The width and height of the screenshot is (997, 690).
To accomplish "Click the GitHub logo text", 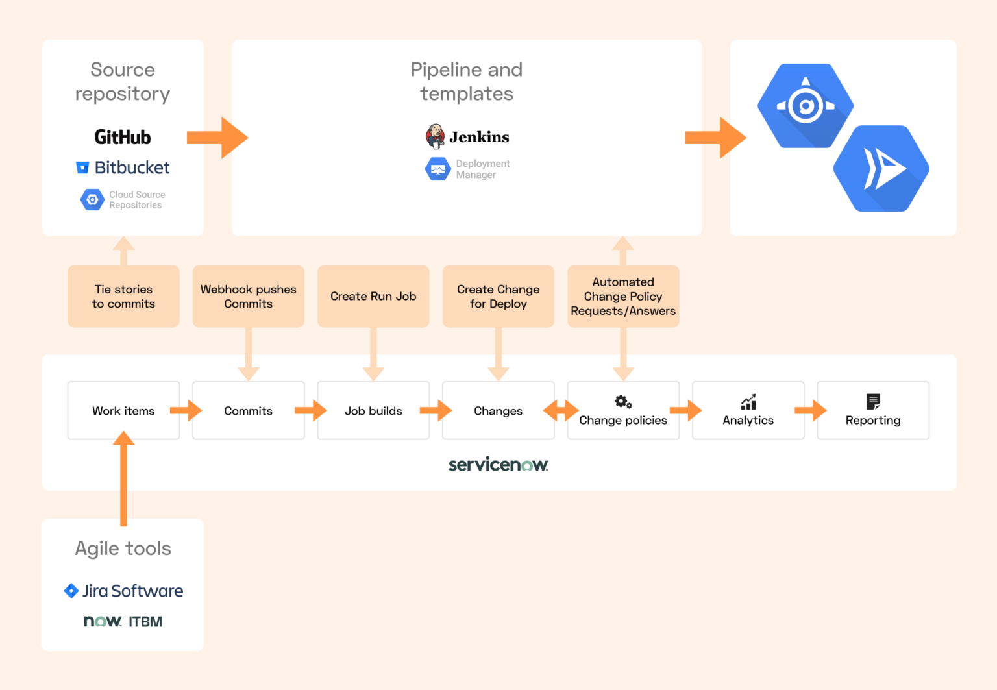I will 122,137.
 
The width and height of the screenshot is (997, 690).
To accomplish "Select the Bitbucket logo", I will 123,167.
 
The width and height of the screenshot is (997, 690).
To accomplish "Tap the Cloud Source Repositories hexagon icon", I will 92,199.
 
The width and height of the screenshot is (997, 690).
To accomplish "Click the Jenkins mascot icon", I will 435,136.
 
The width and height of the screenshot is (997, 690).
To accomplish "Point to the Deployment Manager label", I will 482,169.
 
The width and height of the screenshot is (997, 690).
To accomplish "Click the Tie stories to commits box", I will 123,296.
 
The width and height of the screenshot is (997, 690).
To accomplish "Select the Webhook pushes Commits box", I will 248,296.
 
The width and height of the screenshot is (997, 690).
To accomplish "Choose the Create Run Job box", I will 373,296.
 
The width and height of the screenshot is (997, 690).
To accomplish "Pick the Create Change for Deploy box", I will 498,296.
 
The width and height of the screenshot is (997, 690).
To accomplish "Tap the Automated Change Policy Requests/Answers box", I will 623,296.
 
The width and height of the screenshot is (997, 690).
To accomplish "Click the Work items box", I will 123,411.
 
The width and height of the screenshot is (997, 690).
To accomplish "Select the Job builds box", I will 373,411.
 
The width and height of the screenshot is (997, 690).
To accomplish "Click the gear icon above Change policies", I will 623,402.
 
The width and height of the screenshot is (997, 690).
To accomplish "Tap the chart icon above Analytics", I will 748,402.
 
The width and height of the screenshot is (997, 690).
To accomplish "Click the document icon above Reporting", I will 873,402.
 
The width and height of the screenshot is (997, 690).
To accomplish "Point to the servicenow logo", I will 498,465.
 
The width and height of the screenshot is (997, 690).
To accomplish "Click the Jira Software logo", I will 123,591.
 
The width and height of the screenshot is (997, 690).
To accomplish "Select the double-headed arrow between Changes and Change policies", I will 561,410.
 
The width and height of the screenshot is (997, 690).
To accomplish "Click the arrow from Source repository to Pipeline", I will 217,138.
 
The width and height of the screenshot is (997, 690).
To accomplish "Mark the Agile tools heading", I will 123,548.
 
